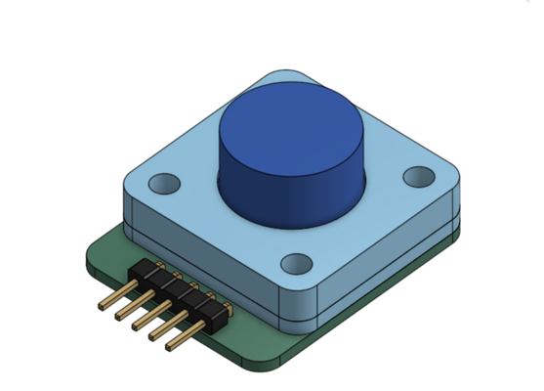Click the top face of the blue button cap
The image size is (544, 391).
pos(291,126)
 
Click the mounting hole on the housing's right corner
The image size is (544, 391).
pos(419,176)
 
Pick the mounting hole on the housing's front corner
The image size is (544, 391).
pos(296,264)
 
